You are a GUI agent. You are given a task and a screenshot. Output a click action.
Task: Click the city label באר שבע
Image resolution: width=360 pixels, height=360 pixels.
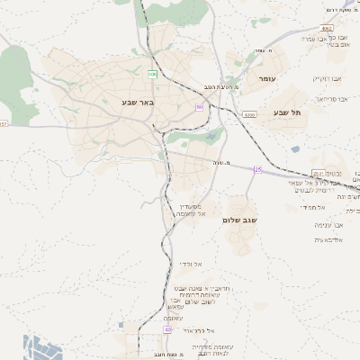click(x=139, y=102)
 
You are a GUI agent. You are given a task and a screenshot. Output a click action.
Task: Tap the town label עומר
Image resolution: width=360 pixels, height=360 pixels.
click(x=267, y=80)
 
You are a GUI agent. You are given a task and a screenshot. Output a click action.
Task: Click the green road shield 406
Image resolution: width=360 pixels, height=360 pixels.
click(x=152, y=74)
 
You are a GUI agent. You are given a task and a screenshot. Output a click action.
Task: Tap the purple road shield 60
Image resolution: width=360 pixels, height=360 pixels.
click(x=199, y=107)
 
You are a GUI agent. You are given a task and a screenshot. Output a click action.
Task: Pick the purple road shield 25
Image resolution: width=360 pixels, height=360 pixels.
click(x=258, y=169)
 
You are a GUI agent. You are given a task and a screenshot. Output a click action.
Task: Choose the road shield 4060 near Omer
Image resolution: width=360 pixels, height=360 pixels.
click(x=249, y=115)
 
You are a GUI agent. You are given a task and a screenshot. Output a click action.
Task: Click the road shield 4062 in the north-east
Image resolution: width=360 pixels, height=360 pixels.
click(x=326, y=29)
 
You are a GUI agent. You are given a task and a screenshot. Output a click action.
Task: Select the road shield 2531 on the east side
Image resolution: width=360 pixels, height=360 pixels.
click(x=318, y=174)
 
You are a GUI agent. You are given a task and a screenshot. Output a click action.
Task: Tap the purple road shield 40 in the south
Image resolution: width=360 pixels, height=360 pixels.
click(x=167, y=329)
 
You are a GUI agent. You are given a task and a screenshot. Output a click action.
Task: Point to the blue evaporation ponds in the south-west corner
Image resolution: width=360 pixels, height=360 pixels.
click(x=36, y=346)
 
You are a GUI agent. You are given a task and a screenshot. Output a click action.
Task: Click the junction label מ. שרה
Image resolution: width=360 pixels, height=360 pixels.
click(x=221, y=162)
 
